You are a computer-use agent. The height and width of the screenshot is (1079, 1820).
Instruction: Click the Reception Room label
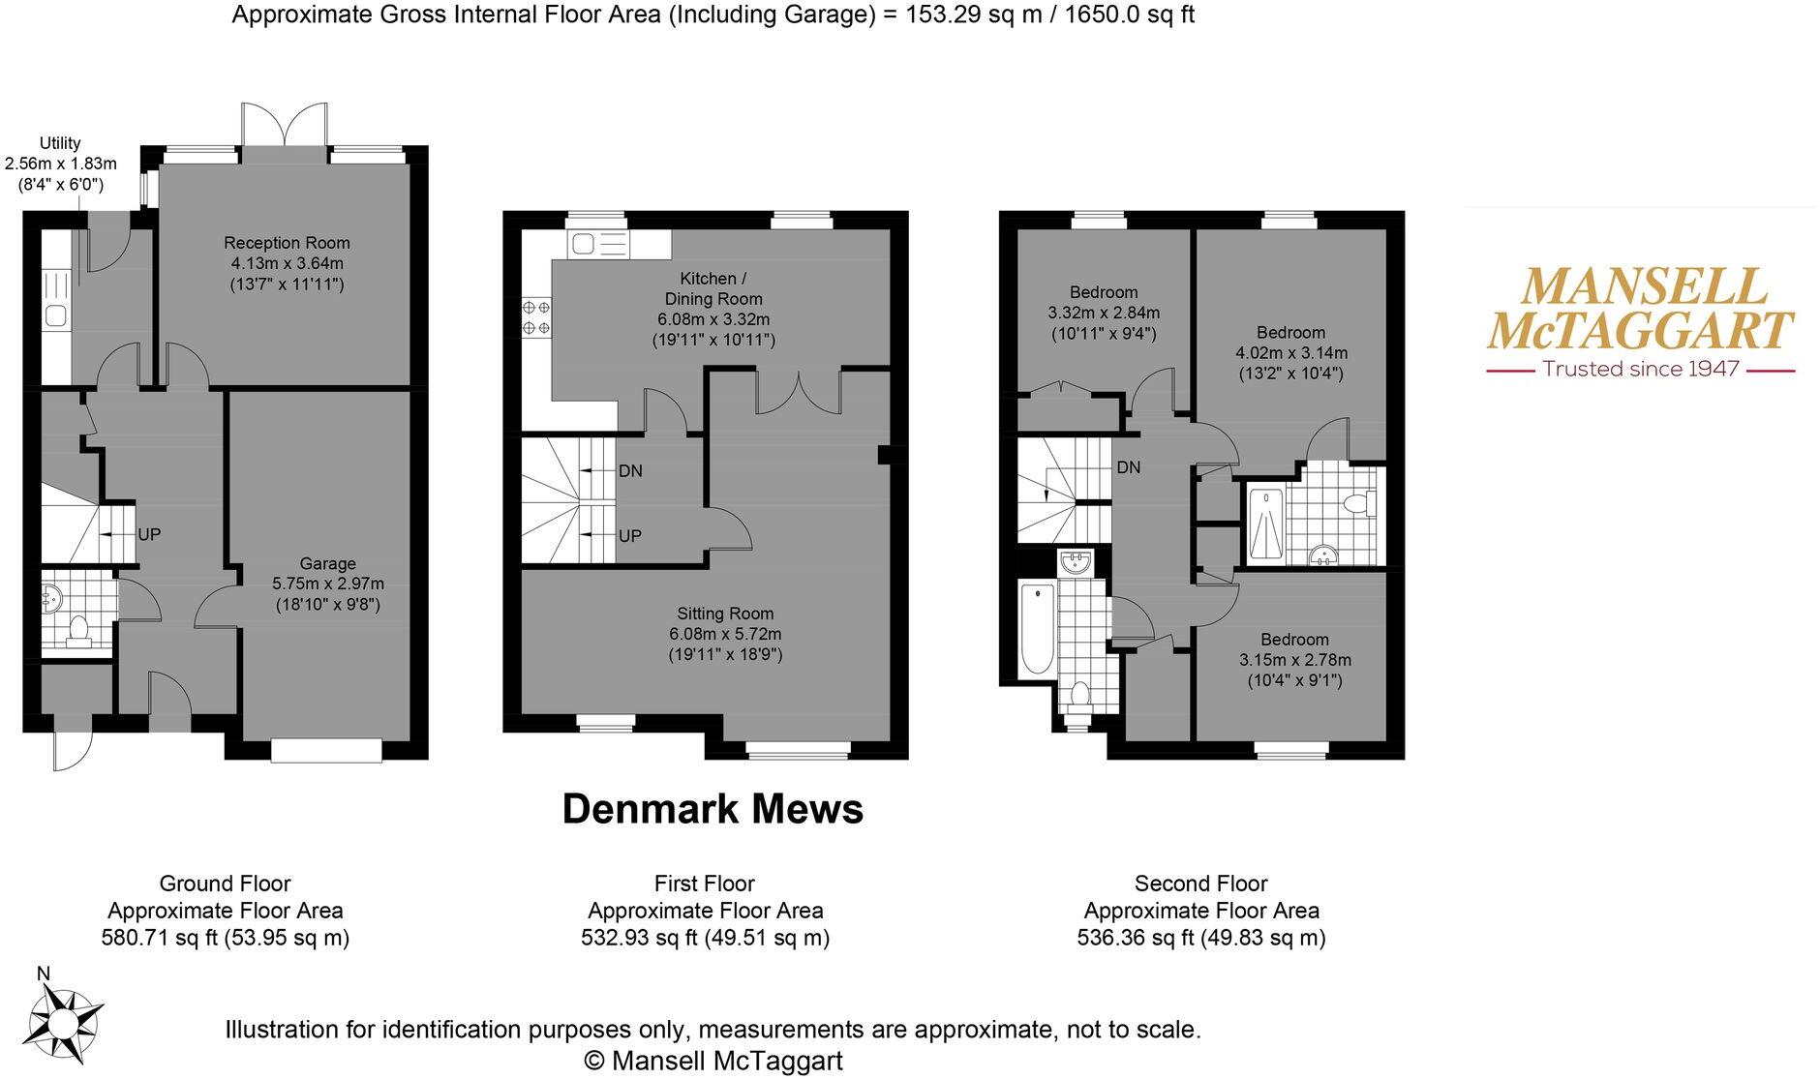pos(287,243)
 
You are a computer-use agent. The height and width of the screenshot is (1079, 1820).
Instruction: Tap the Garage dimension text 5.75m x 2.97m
pos(327,584)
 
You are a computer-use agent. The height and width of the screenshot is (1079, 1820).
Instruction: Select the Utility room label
pos(60,143)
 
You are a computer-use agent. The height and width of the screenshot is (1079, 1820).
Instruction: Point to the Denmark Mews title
pos(713,809)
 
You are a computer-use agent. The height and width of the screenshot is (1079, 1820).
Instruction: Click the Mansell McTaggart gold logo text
pos(1640,309)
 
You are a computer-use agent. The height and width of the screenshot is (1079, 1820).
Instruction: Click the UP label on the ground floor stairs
pos(149,534)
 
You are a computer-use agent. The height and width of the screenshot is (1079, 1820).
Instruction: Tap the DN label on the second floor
pos(1128,467)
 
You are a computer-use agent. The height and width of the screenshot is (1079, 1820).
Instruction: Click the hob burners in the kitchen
pos(536,317)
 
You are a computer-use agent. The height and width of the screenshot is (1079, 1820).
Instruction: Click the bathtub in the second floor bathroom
pos(1037,627)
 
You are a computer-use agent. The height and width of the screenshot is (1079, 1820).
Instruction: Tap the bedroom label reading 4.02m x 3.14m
pos(1290,353)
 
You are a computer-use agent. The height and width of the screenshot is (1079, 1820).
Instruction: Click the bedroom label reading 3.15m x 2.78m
pos(1294,660)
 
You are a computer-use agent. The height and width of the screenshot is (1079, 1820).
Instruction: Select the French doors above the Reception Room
pos(284,126)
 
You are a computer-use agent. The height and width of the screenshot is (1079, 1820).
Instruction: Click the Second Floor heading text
pos(1200,884)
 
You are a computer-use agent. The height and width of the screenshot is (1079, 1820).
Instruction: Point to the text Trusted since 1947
pos(1640,369)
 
